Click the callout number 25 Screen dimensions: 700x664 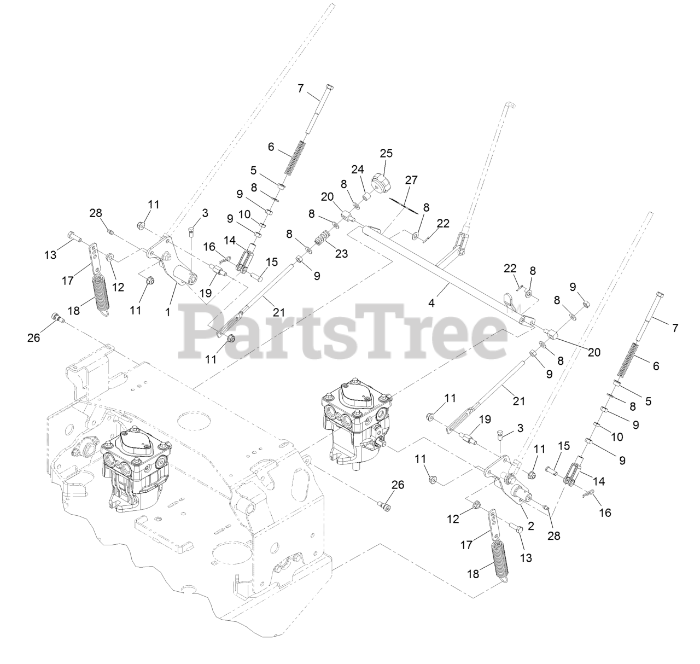(386, 153)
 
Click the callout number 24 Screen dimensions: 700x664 (358, 170)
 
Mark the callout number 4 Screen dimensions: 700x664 (431, 302)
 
